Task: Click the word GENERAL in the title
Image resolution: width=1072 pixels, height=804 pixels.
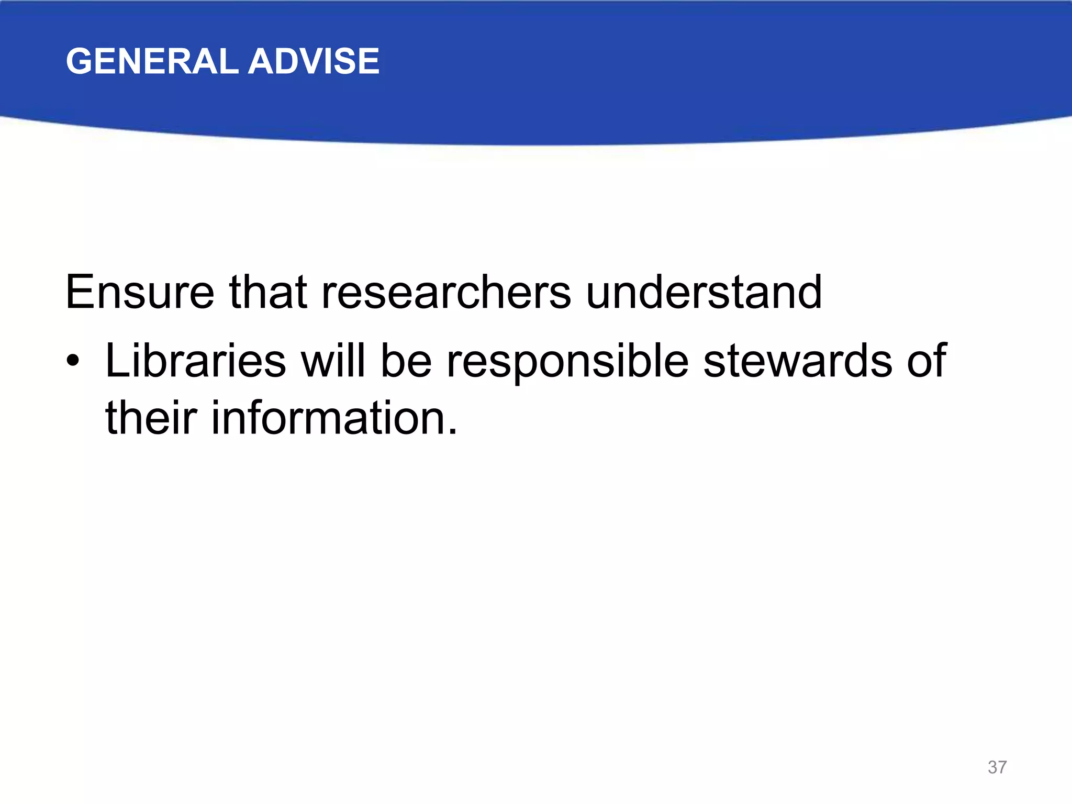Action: coord(152,61)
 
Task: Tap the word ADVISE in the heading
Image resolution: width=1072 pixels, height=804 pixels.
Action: coord(314,61)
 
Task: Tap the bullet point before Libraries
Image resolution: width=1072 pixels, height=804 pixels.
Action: coord(73,361)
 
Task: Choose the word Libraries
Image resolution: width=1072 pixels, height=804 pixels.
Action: coord(196,361)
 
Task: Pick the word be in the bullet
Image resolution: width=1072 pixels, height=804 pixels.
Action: coord(406,361)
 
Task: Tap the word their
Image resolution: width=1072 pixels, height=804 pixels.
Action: coord(151,418)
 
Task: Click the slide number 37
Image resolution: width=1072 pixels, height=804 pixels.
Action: coord(997,767)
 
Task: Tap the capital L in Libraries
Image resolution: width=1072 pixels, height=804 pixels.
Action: coord(116,361)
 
